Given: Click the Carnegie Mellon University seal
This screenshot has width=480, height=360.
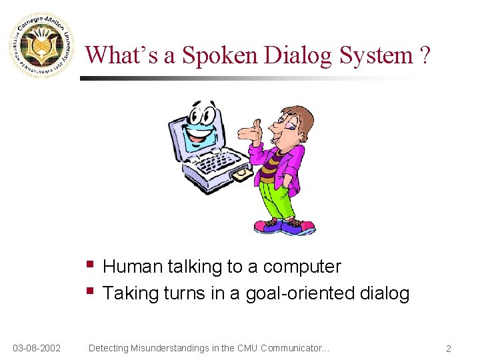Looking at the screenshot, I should click(42, 45).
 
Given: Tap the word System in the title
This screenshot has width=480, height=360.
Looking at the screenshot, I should click(377, 55).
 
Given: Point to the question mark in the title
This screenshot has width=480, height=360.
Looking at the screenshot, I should click(425, 55).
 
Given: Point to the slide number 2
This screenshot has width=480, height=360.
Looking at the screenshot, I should click(449, 349).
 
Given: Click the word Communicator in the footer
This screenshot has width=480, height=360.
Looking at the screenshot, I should click(291, 348).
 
